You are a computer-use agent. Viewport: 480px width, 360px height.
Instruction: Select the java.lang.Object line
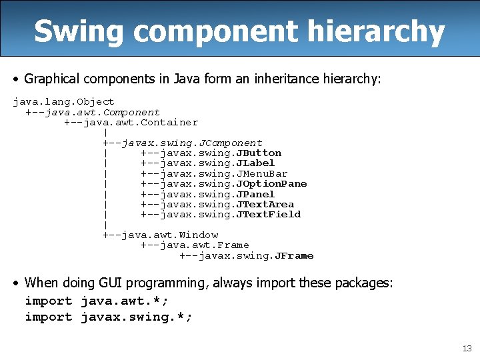coord(64,102)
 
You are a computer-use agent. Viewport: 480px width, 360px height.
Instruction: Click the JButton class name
coord(259,153)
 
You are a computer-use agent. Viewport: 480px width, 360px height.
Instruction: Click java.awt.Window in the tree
coord(170,235)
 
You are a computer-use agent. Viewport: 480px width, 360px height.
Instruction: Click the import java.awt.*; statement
coord(97,301)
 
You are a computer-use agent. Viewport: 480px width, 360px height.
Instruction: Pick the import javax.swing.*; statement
coord(109,317)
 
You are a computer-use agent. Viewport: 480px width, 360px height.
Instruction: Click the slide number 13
coord(467,349)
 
